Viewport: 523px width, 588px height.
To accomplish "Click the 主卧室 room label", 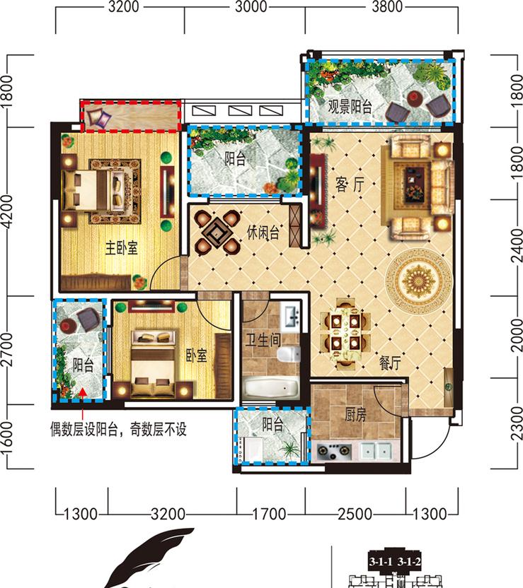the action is pos(121,248).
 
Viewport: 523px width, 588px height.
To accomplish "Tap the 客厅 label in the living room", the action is pos(350,184).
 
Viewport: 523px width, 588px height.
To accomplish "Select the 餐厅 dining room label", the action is pos(390,363).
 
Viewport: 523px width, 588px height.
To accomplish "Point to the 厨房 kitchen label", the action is pos(355,415).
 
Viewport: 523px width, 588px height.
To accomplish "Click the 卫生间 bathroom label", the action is pos(263,340).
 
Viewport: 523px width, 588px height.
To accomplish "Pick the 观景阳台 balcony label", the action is pos(350,107).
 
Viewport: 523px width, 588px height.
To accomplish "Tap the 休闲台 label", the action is pos(263,233).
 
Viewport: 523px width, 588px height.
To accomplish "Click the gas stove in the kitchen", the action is pos(333,451).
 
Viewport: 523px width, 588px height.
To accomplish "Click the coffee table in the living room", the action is pos(414,184).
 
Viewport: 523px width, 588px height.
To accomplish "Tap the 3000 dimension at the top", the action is pos(251,7).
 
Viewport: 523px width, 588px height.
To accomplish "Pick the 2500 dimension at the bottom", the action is pos(355,514).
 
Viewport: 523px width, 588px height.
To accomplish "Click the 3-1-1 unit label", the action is pos(381,561).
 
